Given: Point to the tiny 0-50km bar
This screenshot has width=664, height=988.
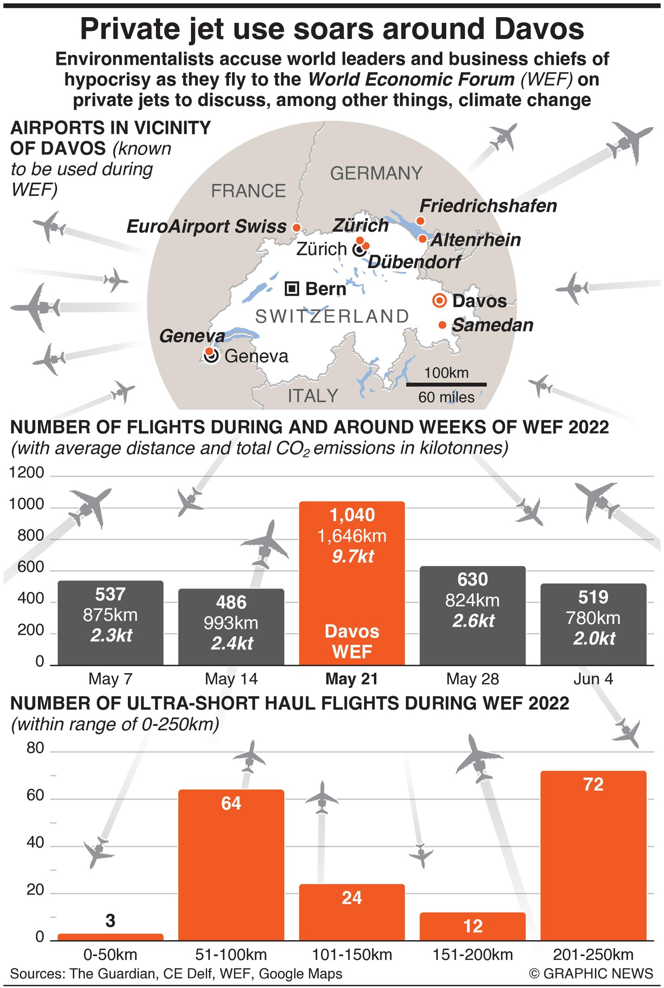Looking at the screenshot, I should pyautogui.click(x=110, y=937).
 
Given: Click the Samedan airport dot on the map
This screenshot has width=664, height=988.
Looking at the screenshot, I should pyautogui.click(x=442, y=325).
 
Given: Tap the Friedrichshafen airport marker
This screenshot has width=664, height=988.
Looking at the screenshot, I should pyautogui.click(x=420, y=221).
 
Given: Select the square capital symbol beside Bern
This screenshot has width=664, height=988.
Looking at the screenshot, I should pyautogui.click(x=292, y=289).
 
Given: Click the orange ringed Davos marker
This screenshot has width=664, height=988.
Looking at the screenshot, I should pyautogui.click(x=440, y=301).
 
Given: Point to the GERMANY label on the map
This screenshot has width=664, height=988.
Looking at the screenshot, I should pyautogui.click(x=376, y=173).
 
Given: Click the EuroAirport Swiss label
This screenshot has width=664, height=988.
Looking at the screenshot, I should pyautogui.click(x=206, y=226).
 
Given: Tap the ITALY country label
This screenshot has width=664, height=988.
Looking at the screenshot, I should pyautogui.click(x=313, y=396).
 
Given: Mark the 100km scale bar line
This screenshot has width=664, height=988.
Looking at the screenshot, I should pyautogui.click(x=446, y=384).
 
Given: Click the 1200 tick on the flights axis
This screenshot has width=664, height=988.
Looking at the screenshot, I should pyautogui.click(x=26, y=473).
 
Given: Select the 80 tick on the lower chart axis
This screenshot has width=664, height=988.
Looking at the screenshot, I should pyautogui.click(x=35, y=748).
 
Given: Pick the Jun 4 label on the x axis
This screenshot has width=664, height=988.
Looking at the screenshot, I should pyautogui.click(x=593, y=679).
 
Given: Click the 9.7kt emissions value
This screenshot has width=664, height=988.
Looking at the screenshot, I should pyautogui.click(x=353, y=556).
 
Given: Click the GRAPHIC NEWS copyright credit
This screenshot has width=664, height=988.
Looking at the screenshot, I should pyautogui.click(x=591, y=973).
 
